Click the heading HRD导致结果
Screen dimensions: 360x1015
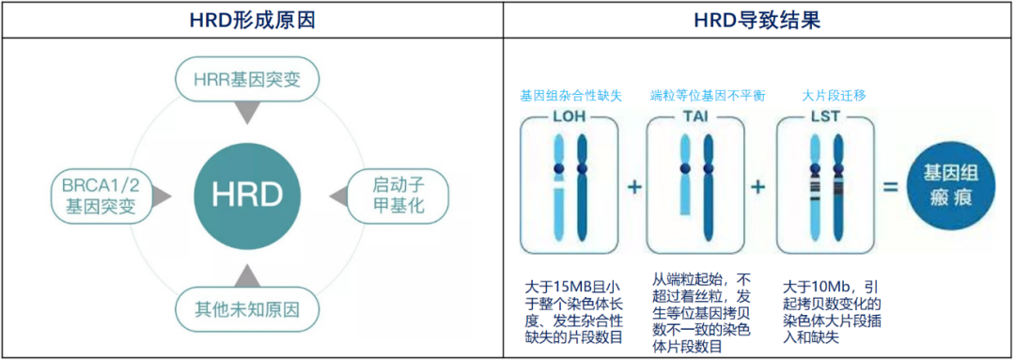pos(757,19)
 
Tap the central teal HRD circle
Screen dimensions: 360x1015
pos(248,196)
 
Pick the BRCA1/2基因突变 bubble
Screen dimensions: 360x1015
pos(100,195)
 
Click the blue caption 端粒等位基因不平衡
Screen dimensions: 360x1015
pos(695,96)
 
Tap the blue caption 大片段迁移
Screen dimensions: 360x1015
pos(821,96)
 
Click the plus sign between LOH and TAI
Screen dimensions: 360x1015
pos(634,187)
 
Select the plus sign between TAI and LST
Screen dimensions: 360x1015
pos(757,187)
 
